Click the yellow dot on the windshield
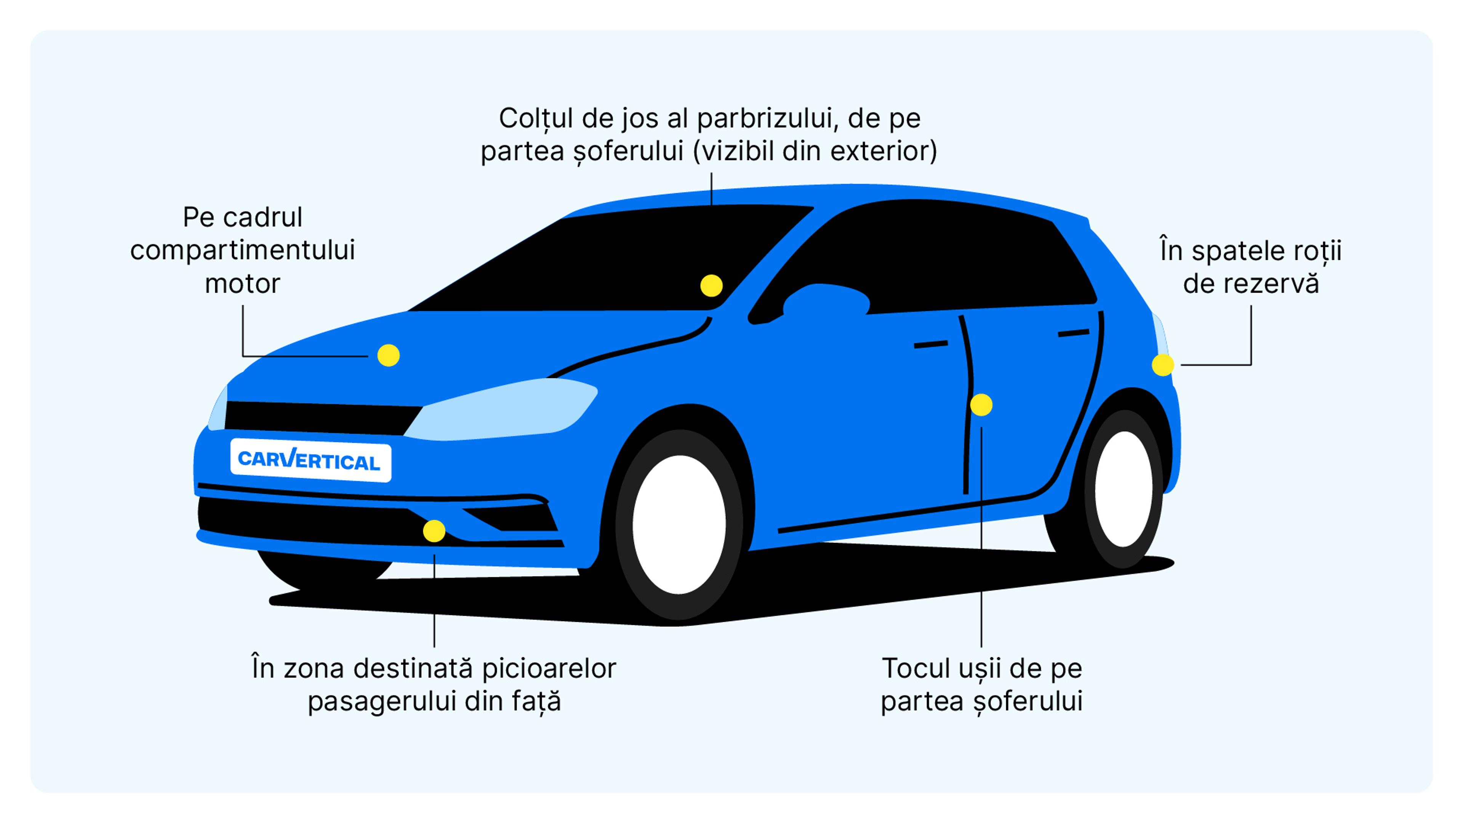click(x=711, y=286)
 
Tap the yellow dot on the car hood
click(x=389, y=355)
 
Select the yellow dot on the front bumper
click(x=434, y=531)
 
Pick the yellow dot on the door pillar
click(x=981, y=405)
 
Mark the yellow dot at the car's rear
click(x=1162, y=365)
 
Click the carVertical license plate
click(x=310, y=460)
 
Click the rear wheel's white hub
click(x=1124, y=488)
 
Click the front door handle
click(x=930, y=344)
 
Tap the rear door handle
click(x=1073, y=333)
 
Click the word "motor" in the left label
click(x=243, y=284)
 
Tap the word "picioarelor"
click(x=549, y=669)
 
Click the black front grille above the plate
click(x=318, y=418)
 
